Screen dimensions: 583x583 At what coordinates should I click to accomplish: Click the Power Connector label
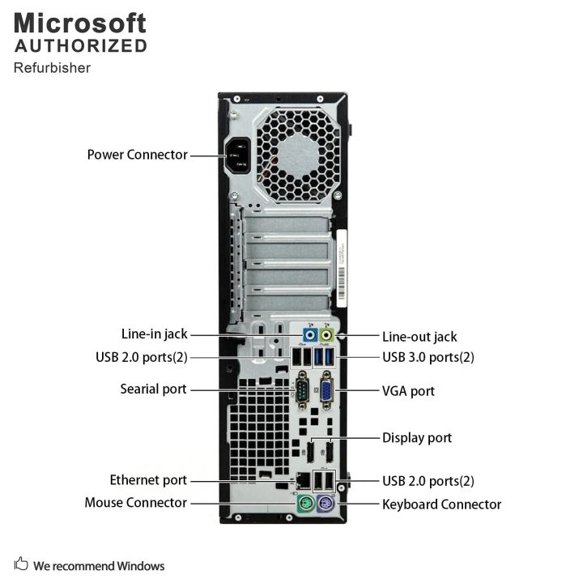(137, 154)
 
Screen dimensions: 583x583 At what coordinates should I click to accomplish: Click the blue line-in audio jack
(309, 335)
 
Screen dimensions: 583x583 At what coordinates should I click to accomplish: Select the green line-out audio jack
(327, 335)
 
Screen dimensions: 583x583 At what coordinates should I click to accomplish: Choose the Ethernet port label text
(148, 480)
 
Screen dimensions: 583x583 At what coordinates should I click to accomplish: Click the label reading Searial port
(153, 389)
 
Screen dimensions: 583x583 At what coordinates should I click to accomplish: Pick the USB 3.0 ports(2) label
(428, 356)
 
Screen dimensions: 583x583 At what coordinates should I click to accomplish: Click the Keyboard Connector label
(441, 504)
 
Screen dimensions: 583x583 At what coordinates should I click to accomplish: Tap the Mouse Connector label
(135, 503)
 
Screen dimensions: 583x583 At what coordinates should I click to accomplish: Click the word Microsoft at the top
(79, 22)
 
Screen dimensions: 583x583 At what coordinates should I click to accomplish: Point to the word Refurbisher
(52, 67)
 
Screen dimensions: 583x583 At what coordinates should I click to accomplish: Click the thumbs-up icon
(21, 565)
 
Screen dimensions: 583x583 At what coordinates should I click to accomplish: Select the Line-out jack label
(419, 337)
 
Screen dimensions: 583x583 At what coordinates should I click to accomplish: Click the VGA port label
(408, 391)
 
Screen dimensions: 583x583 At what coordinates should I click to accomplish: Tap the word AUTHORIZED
(81, 46)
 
